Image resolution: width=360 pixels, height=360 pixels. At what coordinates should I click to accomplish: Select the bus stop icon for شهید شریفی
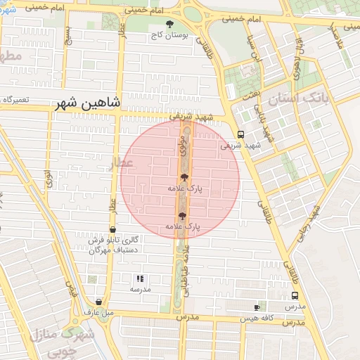point(240,134)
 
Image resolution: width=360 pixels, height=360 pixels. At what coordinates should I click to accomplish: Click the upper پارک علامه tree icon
point(184,178)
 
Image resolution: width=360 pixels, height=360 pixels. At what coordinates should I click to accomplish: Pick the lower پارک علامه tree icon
point(184,216)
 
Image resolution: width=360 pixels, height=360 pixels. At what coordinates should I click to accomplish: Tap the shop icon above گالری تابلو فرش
point(112,229)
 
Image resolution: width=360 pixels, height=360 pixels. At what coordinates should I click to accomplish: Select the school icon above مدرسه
point(139,278)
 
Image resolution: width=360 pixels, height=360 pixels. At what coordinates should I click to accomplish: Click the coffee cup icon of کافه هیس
point(257,307)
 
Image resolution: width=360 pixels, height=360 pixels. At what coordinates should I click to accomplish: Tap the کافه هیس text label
point(256,318)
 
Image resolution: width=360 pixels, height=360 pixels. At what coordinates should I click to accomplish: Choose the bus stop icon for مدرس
point(295,296)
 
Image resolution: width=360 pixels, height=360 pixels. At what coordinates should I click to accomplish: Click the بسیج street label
point(68,32)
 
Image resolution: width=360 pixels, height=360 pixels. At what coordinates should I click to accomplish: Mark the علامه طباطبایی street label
point(185,271)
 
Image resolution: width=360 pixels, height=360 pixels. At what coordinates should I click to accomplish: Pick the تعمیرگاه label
point(15,100)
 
